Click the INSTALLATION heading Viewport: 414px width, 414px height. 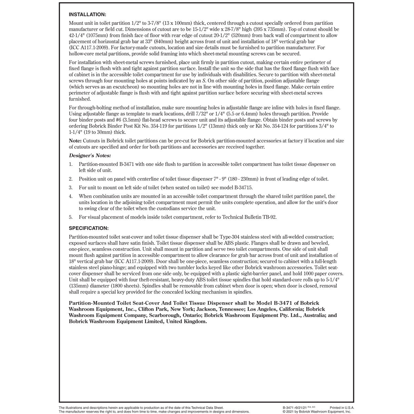[88, 14]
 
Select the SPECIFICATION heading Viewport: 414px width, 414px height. [89, 228]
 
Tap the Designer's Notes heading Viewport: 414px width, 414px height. [90, 156]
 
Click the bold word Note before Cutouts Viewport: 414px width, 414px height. [75, 141]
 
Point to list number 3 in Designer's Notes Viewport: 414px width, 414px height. [70, 188]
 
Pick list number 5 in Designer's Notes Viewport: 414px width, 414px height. [70, 217]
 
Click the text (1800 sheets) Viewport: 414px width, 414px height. [124, 286]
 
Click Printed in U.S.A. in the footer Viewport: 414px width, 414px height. [342, 408]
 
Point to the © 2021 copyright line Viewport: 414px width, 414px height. [316, 412]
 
